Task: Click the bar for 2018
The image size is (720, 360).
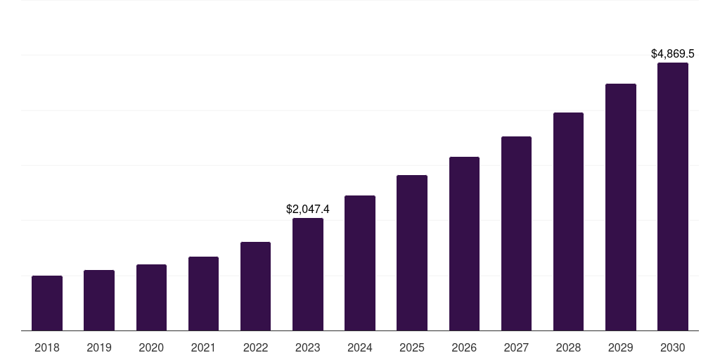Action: click(47, 303)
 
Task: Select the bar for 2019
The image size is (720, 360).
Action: click(99, 300)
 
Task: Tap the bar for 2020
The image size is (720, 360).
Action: click(151, 297)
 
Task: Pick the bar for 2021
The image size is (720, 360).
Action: click(203, 293)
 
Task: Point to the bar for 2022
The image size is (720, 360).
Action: click(255, 286)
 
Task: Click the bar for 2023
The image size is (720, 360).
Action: click(308, 274)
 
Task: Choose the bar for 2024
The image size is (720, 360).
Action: click(360, 263)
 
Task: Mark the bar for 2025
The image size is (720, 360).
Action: click(412, 252)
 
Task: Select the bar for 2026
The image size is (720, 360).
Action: click(464, 243)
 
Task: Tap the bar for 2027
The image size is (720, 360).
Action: click(516, 233)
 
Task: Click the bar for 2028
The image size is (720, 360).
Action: click(568, 221)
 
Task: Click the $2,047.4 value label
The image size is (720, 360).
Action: click(308, 209)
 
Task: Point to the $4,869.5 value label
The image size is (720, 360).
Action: click(672, 53)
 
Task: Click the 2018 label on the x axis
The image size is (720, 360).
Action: click(47, 347)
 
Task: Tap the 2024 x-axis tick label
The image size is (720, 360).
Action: click(360, 347)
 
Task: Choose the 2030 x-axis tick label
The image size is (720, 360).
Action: click(672, 347)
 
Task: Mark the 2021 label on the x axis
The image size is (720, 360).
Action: click(203, 347)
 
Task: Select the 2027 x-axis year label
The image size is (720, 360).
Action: click(516, 347)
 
